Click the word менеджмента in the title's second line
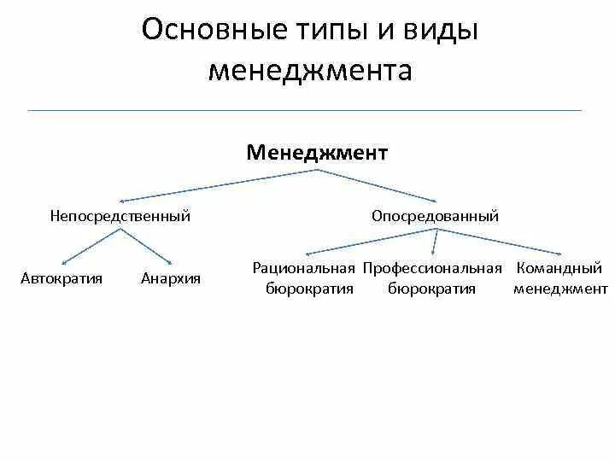click(x=310, y=71)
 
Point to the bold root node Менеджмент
click(x=317, y=153)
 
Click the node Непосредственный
click(x=120, y=216)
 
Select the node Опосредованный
click(x=435, y=216)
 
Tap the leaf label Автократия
click(x=61, y=278)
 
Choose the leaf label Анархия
click(x=171, y=278)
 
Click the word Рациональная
click(x=303, y=269)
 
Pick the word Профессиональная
click(x=432, y=269)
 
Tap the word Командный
click(x=560, y=269)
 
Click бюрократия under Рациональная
click(x=309, y=289)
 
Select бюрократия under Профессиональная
click(x=432, y=289)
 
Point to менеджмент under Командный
click(x=560, y=289)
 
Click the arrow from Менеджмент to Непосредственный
click(x=218, y=185)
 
